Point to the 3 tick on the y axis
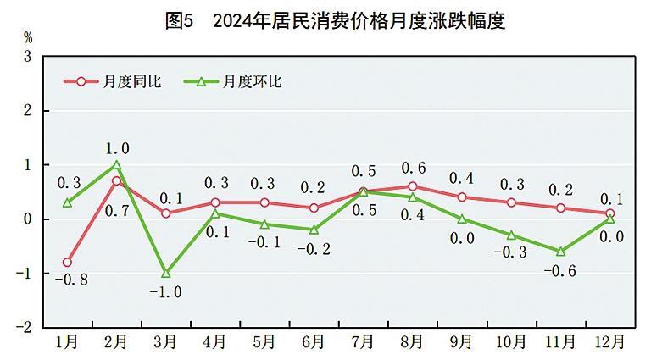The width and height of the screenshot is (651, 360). pyautogui.click(x=27, y=57)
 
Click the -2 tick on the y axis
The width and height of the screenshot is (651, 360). pyautogui.click(x=25, y=327)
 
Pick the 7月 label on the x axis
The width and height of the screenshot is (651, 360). pyautogui.click(x=363, y=343)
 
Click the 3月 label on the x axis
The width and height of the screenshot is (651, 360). pyautogui.click(x=166, y=343)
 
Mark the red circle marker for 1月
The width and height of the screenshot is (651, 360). pyautogui.click(x=68, y=263)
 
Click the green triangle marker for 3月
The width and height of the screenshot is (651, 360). pyautogui.click(x=166, y=273)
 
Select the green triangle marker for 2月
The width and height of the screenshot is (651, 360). pyautogui.click(x=117, y=165)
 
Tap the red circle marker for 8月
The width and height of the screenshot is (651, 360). pyautogui.click(x=412, y=186)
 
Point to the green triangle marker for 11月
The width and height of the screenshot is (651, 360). pyautogui.click(x=560, y=251)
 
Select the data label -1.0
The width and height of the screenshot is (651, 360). pyautogui.click(x=166, y=293)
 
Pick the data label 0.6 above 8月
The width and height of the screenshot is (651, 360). pyautogui.click(x=415, y=166)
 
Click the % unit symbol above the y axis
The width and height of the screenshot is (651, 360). pyautogui.click(x=28, y=37)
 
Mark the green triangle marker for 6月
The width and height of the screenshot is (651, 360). pyautogui.click(x=314, y=230)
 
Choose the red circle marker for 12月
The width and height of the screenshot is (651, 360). pyautogui.click(x=609, y=213)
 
